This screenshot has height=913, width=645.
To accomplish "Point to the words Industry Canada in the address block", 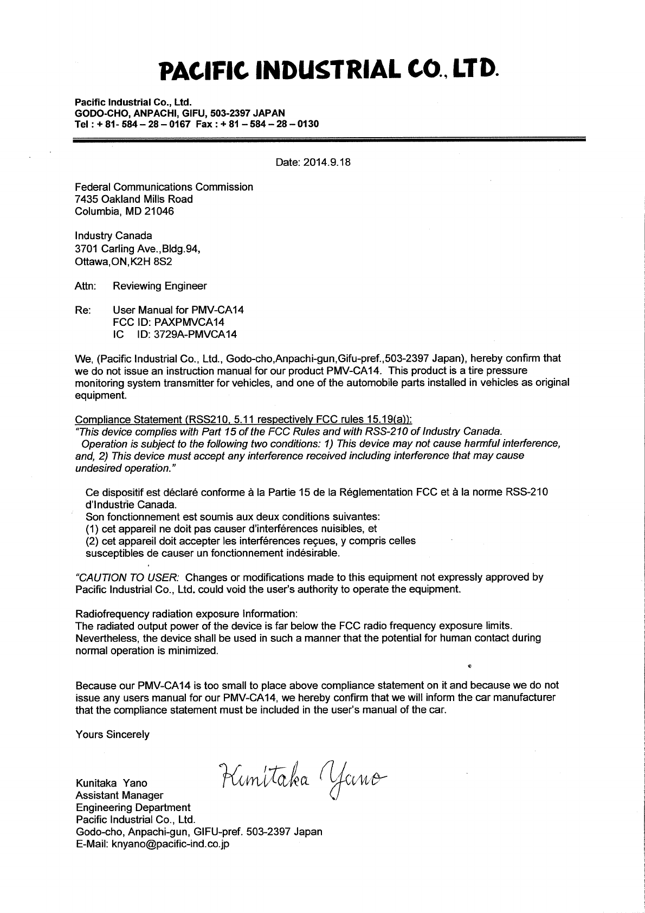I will (x=113, y=236).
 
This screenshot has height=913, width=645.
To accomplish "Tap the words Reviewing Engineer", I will (x=159, y=286).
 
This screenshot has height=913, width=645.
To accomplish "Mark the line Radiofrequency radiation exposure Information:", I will (x=186, y=614).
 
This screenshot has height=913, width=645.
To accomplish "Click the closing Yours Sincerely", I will (x=112, y=735).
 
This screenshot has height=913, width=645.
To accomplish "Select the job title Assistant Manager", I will (x=119, y=795).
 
